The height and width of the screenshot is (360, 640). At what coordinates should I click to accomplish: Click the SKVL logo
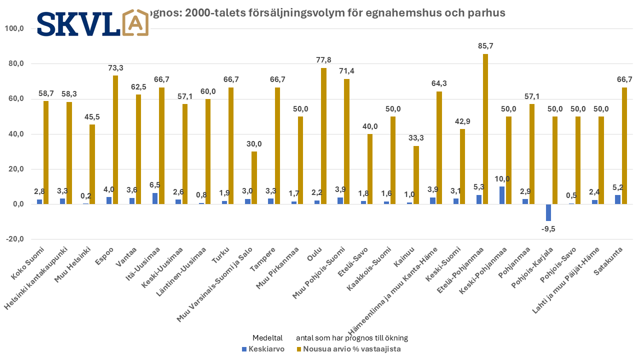pyautogui.click(x=92, y=23)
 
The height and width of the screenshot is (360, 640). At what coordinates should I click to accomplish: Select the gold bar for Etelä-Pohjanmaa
pyautogui.click(x=485, y=129)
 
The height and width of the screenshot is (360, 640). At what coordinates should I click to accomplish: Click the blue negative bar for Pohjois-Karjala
pyautogui.click(x=548, y=212)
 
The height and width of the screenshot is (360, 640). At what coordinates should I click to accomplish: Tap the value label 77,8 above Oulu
pyautogui.click(x=323, y=60)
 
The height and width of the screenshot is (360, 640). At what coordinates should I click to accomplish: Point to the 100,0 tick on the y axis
pyautogui.click(x=14, y=28)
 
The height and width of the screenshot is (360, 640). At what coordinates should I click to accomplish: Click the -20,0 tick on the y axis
pyautogui.click(x=14, y=239)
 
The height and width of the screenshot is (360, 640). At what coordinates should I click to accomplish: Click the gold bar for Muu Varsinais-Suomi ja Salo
pyautogui.click(x=254, y=177)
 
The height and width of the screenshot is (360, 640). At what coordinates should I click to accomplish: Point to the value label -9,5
pyautogui.click(x=548, y=229)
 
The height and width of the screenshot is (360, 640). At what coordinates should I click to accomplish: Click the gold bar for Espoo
pyautogui.click(x=115, y=139)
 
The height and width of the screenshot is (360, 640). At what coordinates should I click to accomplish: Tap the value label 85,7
pyautogui.click(x=485, y=46)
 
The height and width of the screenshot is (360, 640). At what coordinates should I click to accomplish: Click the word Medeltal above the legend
pyautogui.click(x=267, y=337)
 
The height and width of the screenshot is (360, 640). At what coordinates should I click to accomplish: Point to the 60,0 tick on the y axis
pyautogui.click(x=14, y=99)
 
